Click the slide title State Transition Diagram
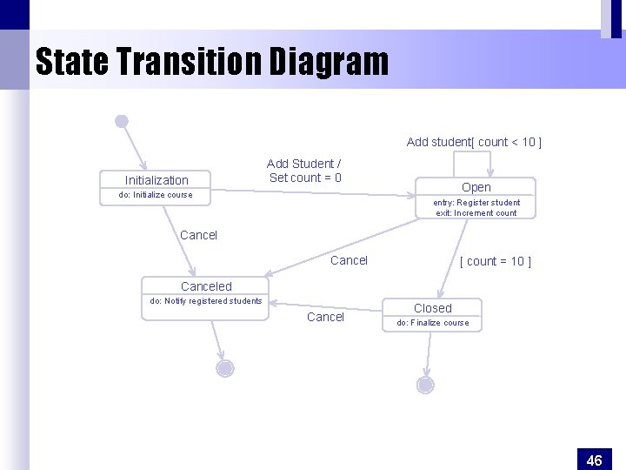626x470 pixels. (x=211, y=62)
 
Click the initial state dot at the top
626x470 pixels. (x=122, y=121)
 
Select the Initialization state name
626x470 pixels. (x=156, y=180)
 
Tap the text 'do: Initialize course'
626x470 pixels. (x=156, y=195)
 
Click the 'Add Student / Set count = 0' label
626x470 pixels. (x=304, y=171)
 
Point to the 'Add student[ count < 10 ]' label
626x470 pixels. (x=474, y=142)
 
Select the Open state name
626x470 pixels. (x=476, y=187)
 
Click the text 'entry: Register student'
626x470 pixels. (x=476, y=203)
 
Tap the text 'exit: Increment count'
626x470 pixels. (x=476, y=213)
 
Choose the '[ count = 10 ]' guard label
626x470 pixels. (x=495, y=261)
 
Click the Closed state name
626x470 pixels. (x=433, y=308)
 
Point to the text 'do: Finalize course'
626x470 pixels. (x=433, y=323)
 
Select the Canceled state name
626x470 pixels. (x=206, y=286)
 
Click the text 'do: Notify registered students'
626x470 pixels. (x=206, y=301)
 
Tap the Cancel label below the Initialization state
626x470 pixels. (x=198, y=235)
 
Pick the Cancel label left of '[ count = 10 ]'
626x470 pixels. (x=350, y=260)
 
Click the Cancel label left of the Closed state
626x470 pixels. (x=325, y=317)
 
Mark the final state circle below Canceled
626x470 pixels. (x=225, y=368)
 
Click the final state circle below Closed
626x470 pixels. (x=425, y=384)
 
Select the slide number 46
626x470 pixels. (x=595, y=460)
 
